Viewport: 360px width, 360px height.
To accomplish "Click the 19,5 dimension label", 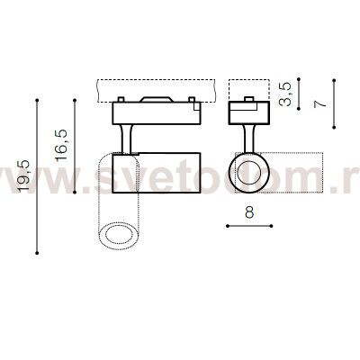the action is (x=23, y=175).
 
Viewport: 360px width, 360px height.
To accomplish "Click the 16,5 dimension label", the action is (x=61, y=146).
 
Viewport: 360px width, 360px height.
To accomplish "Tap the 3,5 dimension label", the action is (x=285, y=94).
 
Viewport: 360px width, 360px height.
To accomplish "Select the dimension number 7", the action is (x=320, y=103).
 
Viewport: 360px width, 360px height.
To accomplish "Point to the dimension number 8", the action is (x=249, y=211).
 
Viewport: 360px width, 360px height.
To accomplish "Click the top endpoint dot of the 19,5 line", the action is (x=37, y=100).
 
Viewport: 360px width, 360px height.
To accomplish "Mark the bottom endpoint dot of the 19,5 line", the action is (x=37, y=253).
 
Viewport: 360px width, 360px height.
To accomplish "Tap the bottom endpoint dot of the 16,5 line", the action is (x=75, y=193).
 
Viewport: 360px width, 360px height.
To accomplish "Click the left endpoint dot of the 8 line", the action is (x=228, y=226).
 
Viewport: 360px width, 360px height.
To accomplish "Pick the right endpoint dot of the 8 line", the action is (x=271, y=226).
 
